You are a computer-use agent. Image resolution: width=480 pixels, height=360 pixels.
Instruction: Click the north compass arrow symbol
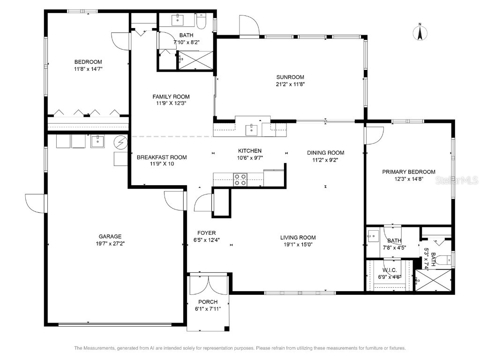click(420, 32)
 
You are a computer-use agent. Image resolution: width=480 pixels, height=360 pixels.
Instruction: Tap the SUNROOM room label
click(290, 77)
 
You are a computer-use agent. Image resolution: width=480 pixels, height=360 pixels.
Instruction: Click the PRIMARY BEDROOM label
click(408, 172)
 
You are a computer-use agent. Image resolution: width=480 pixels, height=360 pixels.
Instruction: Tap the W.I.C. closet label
click(390, 270)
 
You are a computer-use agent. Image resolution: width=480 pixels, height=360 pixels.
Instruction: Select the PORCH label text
click(208, 302)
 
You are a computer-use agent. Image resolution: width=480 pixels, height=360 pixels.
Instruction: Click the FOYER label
click(206, 233)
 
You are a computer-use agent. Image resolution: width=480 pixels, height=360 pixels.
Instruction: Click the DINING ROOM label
click(325, 153)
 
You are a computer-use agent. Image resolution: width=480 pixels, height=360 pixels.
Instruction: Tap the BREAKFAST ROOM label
click(162, 157)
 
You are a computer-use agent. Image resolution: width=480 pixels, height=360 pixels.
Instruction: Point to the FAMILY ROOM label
click(171, 97)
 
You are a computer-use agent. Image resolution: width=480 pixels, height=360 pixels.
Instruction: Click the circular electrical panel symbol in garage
click(121, 142)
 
